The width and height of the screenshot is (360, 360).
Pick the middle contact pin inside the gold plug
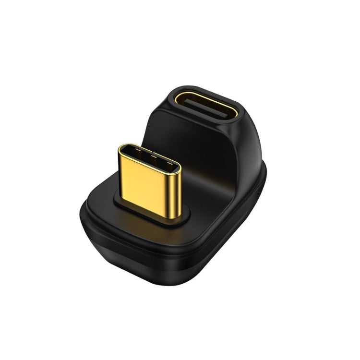pos(149,158)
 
